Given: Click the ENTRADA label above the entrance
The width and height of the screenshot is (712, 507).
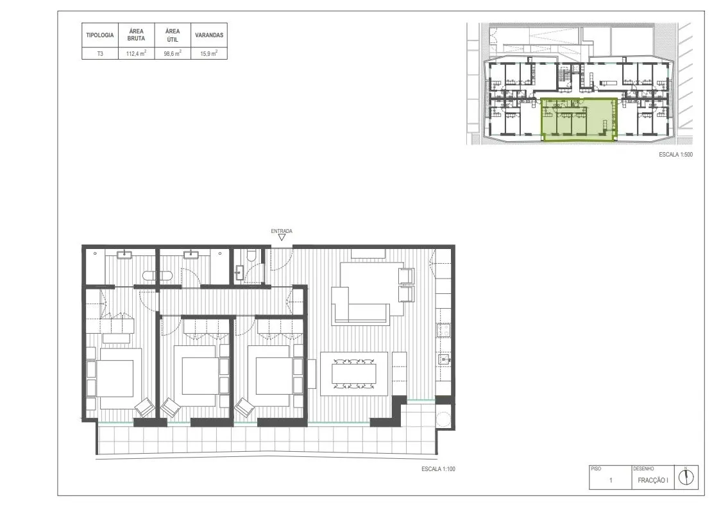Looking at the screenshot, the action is coord(282,231).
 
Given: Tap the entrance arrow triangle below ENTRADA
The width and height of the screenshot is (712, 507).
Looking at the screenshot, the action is coord(282,237).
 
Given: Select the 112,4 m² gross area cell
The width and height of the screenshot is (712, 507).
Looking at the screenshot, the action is coord(136,54).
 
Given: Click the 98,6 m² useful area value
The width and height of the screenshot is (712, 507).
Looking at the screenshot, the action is coord(173,54).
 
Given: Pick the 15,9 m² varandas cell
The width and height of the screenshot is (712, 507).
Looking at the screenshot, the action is coord(209,54).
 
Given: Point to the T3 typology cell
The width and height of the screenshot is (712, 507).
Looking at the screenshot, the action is coord(100,54).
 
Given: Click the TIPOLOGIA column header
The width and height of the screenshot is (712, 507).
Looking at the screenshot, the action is coord(100,35).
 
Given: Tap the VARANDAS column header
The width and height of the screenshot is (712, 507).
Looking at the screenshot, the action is coord(209,35).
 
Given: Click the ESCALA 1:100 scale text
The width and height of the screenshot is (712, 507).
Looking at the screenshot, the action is coord(438,469).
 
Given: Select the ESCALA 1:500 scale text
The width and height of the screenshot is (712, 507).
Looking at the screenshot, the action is coord(675,155).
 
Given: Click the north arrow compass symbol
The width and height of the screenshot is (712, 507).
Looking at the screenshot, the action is coord(686,477).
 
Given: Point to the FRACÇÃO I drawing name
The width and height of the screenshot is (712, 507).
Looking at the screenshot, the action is coord(653,480).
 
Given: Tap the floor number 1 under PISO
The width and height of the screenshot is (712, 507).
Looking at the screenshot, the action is coord(611,480).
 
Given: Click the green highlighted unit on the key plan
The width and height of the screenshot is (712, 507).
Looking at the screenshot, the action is coord(579,120).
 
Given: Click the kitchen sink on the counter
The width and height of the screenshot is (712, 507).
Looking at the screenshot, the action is coord(444,360).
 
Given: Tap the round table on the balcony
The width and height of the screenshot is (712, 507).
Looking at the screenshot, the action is coord(443,418).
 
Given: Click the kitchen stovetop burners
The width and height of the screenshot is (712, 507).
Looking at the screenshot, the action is coord(443,330).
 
